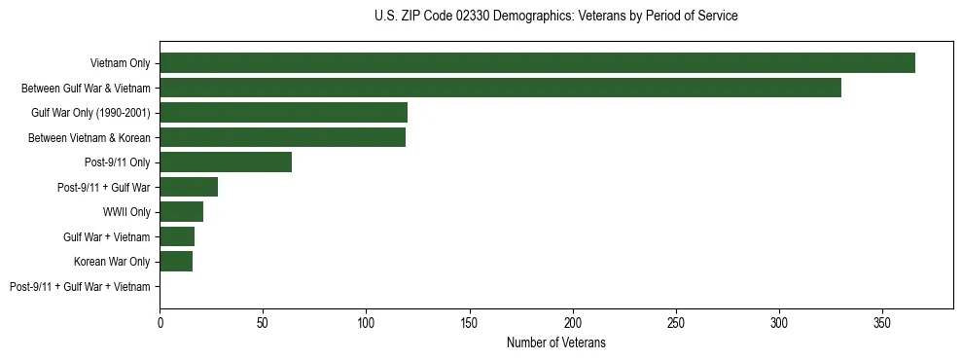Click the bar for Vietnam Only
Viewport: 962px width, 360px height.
pyautogui.click(x=537, y=63)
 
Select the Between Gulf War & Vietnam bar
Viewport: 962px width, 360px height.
pyautogui.click(x=500, y=89)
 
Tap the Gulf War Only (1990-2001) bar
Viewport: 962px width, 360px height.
pyautogui.click(x=283, y=113)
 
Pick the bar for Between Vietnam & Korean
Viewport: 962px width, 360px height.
pyautogui.click(x=282, y=137)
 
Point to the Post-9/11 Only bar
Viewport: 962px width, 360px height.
pyautogui.click(x=226, y=162)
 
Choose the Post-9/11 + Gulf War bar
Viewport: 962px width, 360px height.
pyautogui.click(x=189, y=187)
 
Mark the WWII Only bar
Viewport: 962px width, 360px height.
pyautogui.click(x=181, y=212)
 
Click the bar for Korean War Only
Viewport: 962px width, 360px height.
pyautogui.click(x=176, y=262)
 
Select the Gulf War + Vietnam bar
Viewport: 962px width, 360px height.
pyautogui.click(x=177, y=236)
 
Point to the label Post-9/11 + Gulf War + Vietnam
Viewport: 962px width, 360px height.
pyautogui.click(x=80, y=287)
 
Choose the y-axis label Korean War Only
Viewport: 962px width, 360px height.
pyautogui.click(x=112, y=262)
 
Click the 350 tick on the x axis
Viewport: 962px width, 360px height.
pyautogui.click(x=882, y=321)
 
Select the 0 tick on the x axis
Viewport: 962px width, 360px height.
pyautogui.click(x=160, y=321)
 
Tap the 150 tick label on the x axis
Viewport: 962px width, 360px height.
pyautogui.click(x=469, y=321)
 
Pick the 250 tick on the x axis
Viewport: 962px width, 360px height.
pyautogui.click(x=676, y=321)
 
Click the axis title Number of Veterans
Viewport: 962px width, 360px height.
pyautogui.click(x=555, y=342)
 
